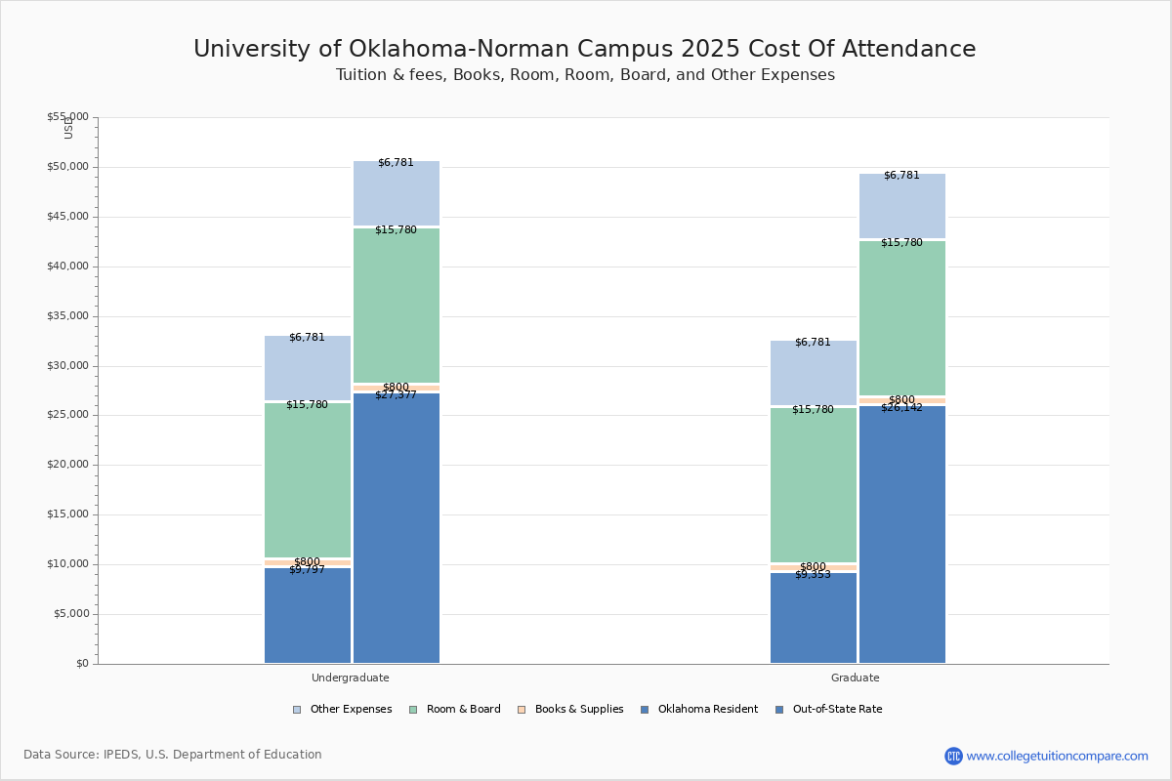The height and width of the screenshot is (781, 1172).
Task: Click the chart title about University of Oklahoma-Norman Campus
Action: tap(584, 50)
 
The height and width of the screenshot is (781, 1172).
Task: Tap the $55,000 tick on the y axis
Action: tap(67, 117)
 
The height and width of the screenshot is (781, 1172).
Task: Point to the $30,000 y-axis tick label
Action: tap(67, 366)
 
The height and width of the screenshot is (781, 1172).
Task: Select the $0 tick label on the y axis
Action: tap(81, 664)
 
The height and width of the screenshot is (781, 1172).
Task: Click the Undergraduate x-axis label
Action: tap(350, 678)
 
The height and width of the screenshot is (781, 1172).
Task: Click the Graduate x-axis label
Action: tap(855, 678)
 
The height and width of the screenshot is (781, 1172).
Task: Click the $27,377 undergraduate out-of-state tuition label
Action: tap(396, 395)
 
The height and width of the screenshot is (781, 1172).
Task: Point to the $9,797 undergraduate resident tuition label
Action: tap(307, 570)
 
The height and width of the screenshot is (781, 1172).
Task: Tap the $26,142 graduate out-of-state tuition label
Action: tap(901, 408)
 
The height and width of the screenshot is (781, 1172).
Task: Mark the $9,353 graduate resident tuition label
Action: tap(813, 575)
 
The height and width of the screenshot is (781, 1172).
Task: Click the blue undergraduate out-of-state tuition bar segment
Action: tap(397, 527)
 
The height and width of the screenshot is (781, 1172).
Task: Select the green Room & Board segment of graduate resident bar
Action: tap(814, 485)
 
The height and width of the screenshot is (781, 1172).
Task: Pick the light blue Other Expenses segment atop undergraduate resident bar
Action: tap(308, 368)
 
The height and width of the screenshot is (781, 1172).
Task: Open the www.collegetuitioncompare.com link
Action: tap(1057, 756)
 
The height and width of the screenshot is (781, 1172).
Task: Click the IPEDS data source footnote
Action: tap(173, 755)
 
